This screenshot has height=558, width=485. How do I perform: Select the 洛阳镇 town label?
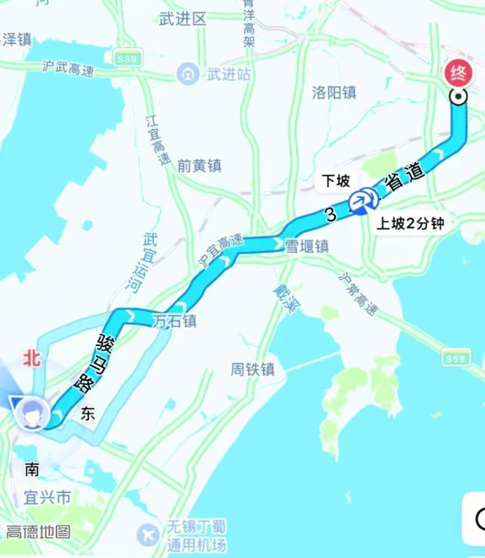(x=334, y=93)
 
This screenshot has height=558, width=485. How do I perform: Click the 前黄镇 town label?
(x=199, y=166)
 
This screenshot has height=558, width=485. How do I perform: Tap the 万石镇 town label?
(x=174, y=322)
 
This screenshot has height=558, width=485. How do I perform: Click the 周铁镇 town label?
(x=252, y=370)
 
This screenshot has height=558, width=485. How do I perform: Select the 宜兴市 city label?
(x=47, y=498)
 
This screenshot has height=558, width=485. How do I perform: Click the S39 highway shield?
(x=127, y=59)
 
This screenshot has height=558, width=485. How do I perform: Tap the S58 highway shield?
(x=456, y=358)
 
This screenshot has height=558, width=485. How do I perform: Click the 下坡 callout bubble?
(x=336, y=181)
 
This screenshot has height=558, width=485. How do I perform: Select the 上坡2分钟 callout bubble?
(x=410, y=224)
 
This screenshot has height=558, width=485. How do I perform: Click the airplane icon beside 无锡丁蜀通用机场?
(x=149, y=535)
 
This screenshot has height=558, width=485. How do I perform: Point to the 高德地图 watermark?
(x=38, y=532)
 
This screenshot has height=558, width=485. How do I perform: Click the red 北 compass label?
(x=31, y=359)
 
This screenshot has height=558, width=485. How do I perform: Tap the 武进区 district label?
(x=183, y=20)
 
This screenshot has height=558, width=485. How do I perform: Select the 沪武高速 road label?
(x=69, y=68)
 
